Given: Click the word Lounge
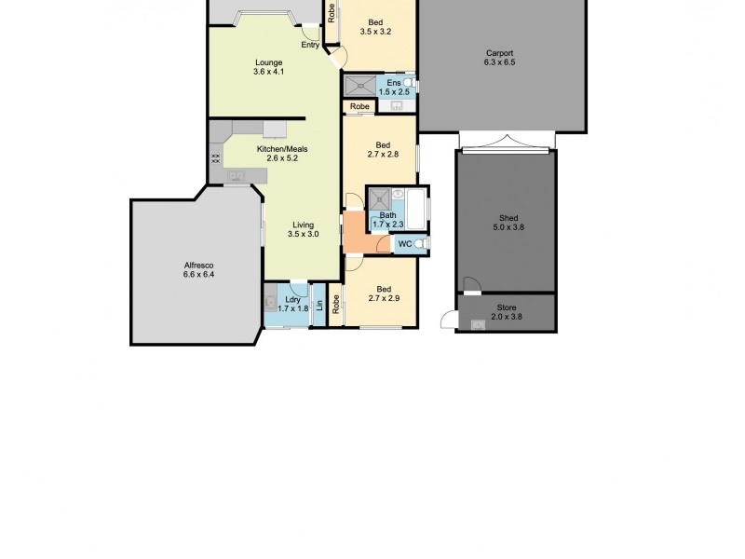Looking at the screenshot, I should click(x=268, y=62).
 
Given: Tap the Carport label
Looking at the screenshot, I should click(x=499, y=53).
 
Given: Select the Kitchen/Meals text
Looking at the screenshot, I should click(x=282, y=149).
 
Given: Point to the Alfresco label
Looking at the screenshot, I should click(x=198, y=266).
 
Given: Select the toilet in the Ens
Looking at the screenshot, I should click(x=410, y=85).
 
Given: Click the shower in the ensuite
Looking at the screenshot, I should click(x=359, y=86).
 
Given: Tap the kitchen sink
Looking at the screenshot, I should click(x=234, y=175).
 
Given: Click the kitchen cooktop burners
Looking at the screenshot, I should click(x=215, y=158).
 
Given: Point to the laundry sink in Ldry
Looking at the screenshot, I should click(x=271, y=302).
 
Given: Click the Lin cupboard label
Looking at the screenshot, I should click(x=319, y=305).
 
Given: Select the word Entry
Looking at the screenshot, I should click(x=310, y=45).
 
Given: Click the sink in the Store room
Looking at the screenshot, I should click(x=479, y=324).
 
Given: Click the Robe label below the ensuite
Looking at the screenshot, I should click(x=360, y=107).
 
